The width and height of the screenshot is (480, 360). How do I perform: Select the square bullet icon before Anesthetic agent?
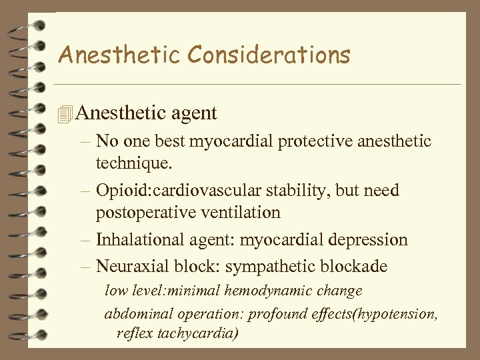coord(64,114)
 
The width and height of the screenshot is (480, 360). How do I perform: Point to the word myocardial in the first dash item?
coord(242,141)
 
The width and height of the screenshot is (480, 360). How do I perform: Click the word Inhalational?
coord(138,239)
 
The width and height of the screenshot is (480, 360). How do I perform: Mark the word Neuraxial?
coord(127,267)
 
